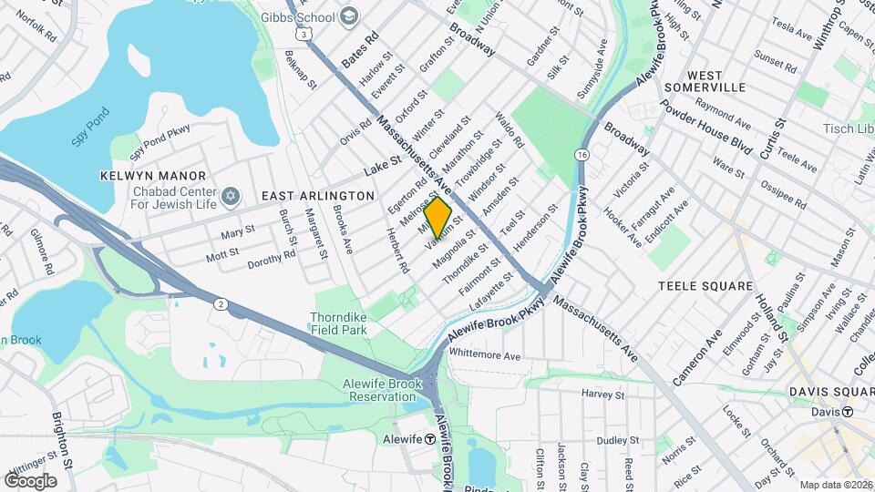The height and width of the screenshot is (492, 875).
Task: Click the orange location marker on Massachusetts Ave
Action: pos(438,218)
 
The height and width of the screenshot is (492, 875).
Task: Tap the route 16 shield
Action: pos(582,155)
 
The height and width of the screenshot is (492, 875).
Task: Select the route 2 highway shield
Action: pos(220,303)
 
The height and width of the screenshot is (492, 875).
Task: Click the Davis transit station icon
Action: pos(847,412)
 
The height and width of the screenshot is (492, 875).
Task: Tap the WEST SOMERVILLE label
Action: pos(716,80)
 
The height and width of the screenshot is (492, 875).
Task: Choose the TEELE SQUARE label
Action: pos(704,285)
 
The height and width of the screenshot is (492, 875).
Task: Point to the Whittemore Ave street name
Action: pos(484,354)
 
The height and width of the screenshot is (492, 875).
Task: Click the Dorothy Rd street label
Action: pos(272,260)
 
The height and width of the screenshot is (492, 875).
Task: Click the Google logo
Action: pos(30,480)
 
